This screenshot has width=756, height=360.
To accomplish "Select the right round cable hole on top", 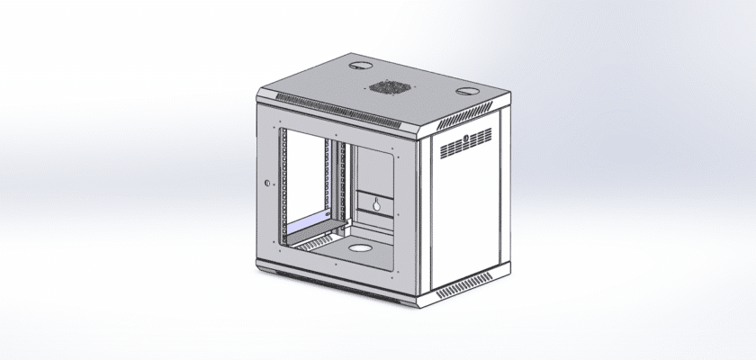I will pyautogui.click(x=471, y=91).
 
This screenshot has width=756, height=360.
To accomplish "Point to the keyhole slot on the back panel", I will pyautogui.click(x=374, y=204).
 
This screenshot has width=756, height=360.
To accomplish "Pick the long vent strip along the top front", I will pyautogui.click(x=337, y=108).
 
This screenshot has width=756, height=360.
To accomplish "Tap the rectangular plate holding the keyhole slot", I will pyautogui.click(x=374, y=203).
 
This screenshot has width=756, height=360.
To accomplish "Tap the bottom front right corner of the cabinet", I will pyautogui.click(x=416, y=301).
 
